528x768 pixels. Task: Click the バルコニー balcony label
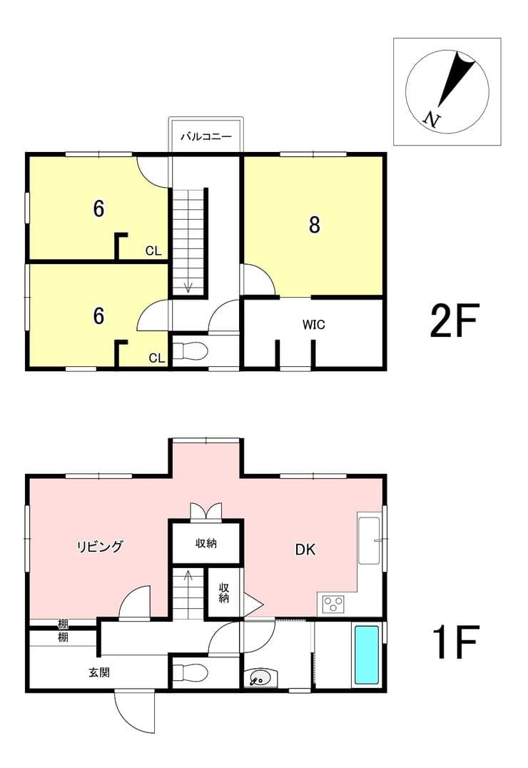coord(205,136)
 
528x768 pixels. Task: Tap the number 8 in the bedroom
coord(314,225)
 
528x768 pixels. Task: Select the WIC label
coord(313,324)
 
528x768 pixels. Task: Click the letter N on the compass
coord(432,119)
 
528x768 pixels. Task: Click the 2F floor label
coord(454,320)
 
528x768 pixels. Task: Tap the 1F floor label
coord(455,641)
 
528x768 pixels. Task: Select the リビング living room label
coord(100,546)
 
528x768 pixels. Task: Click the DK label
coord(305,550)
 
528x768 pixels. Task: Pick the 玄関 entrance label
coord(99,672)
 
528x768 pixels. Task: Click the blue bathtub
coord(366,655)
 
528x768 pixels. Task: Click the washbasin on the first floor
coord(260,678)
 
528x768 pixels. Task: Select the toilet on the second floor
coord(191,350)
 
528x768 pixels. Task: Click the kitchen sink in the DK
coord(369,540)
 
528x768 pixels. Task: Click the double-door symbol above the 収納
coord(205,511)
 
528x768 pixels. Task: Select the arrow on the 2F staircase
coord(188,288)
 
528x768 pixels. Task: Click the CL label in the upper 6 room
coord(153,251)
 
